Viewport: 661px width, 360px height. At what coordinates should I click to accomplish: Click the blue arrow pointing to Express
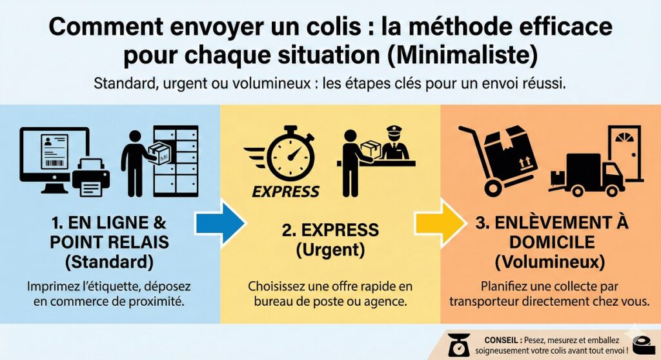click(220, 223)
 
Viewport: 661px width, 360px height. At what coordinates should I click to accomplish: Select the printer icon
click(90, 177)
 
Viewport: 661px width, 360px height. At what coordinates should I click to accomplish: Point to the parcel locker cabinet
click(176, 161)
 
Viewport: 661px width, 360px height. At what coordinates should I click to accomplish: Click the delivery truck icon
click(587, 175)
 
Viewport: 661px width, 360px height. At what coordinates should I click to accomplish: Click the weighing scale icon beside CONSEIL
click(458, 345)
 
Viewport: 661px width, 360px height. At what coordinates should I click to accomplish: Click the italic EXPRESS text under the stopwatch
click(285, 192)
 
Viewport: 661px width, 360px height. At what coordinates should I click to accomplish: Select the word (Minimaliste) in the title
click(462, 56)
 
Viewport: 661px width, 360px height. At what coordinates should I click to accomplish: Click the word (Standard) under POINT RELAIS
click(109, 262)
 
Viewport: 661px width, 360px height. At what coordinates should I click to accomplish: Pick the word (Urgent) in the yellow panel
click(330, 250)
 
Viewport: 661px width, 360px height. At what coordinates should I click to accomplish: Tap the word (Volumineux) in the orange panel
click(550, 262)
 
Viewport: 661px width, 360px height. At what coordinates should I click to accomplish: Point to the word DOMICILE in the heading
click(552, 242)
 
